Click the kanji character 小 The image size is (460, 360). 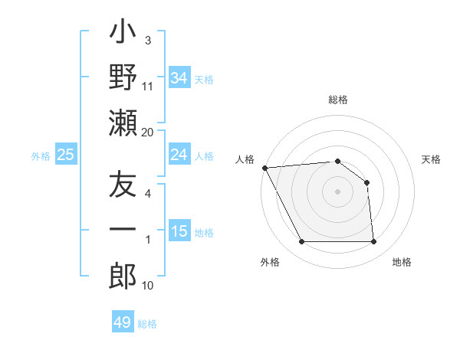tap(123, 34)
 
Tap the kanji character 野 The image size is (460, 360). tap(123, 78)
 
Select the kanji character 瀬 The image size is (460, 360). tap(123, 123)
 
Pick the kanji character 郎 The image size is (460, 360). tap(123, 277)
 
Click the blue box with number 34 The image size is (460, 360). tap(179, 77)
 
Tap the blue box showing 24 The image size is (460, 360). tap(179, 155)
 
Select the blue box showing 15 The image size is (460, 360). tap(179, 231)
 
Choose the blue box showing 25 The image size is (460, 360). tap(65, 155)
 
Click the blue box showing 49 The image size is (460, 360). tap(123, 322)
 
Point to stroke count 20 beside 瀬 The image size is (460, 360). tap(147, 132)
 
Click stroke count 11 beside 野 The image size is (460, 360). tap(148, 87)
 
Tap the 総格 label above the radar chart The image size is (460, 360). tap(337, 100)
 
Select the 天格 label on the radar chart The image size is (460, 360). tap(432, 159)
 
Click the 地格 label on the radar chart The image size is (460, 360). tap(402, 263)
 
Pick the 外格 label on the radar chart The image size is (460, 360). tap(270, 263)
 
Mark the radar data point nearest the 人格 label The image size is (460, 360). tap(264, 168)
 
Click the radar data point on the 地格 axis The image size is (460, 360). tap(373, 242)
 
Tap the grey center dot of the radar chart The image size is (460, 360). tap(337, 191)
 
